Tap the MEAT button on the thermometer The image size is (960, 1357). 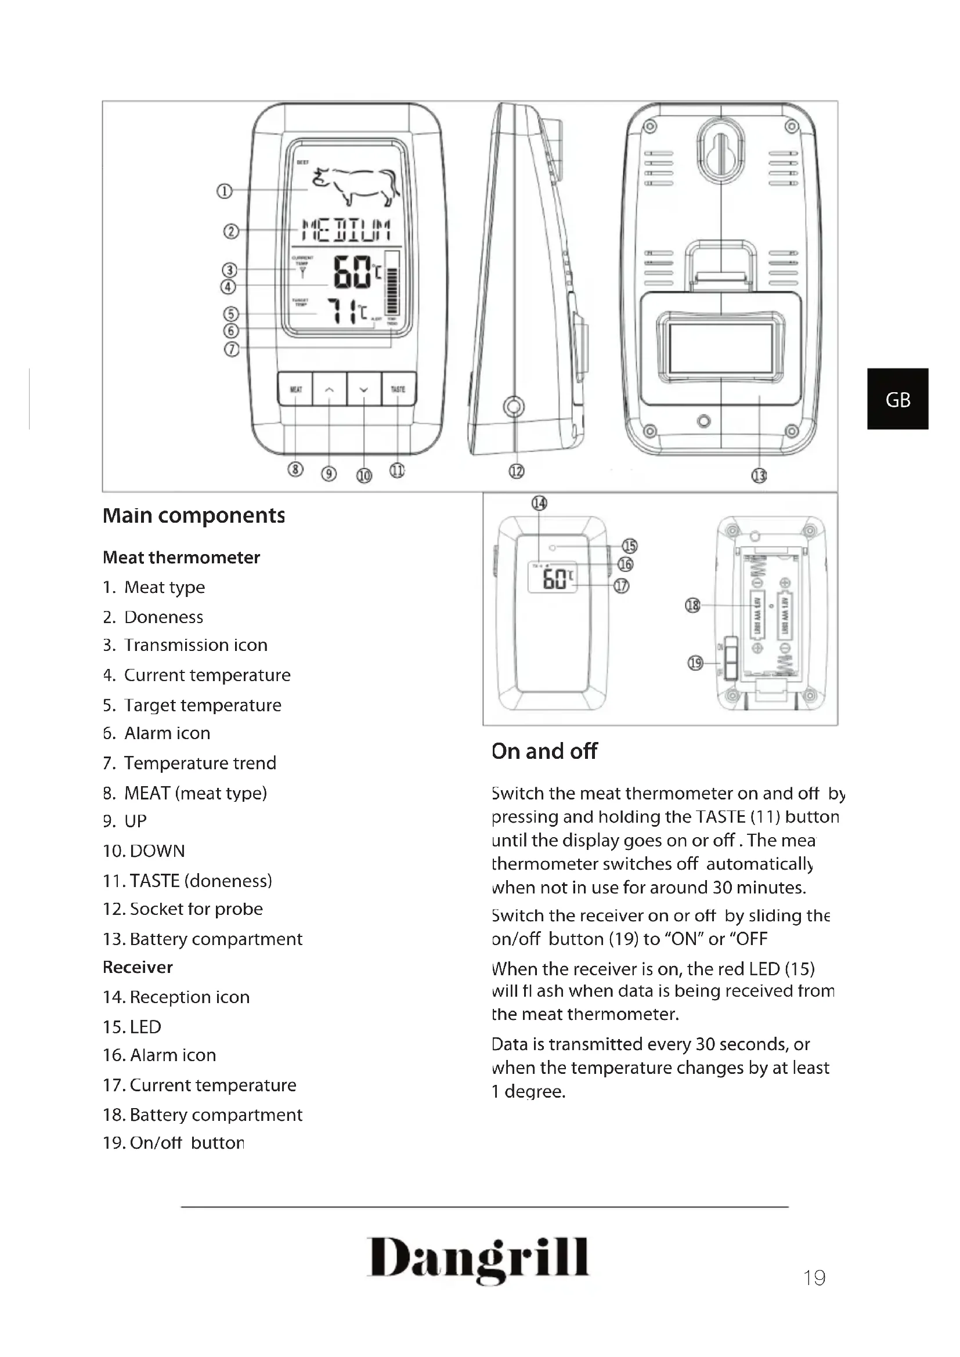click(x=295, y=389)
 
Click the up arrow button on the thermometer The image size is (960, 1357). click(x=329, y=389)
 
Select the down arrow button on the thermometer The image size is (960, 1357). click(x=363, y=389)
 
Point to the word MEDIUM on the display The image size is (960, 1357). click(x=346, y=229)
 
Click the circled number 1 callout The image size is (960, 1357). click(x=224, y=191)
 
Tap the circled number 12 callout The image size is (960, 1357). click(x=516, y=471)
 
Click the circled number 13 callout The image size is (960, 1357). click(x=759, y=475)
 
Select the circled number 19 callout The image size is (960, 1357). click(x=695, y=663)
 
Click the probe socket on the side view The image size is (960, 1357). click(x=513, y=407)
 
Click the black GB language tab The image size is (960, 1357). click(x=897, y=399)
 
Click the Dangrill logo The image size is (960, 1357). click(x=478, y=1258)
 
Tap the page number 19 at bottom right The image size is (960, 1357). click(x=814, y=1278)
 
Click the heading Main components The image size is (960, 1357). click(x=193, y=515)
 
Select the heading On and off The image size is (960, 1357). click(x=544, y=751)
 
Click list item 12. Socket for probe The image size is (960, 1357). click(x=183, y=909)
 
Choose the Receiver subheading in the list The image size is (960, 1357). click(x=138, y=967)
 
